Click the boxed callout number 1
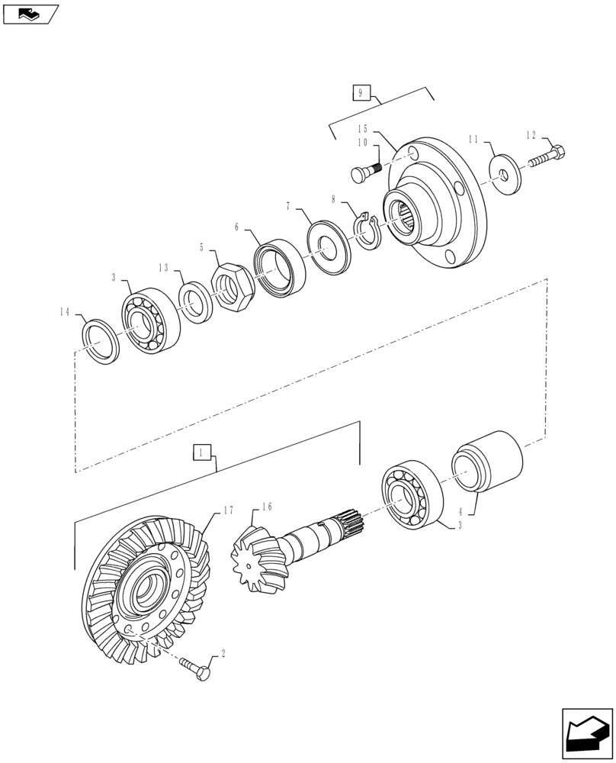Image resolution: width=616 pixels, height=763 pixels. coord(201,452)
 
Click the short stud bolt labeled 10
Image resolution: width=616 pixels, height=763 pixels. coord(367,173)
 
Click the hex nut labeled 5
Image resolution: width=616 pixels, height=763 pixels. coord(232,287)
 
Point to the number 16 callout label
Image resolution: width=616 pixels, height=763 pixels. coord(267,506)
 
